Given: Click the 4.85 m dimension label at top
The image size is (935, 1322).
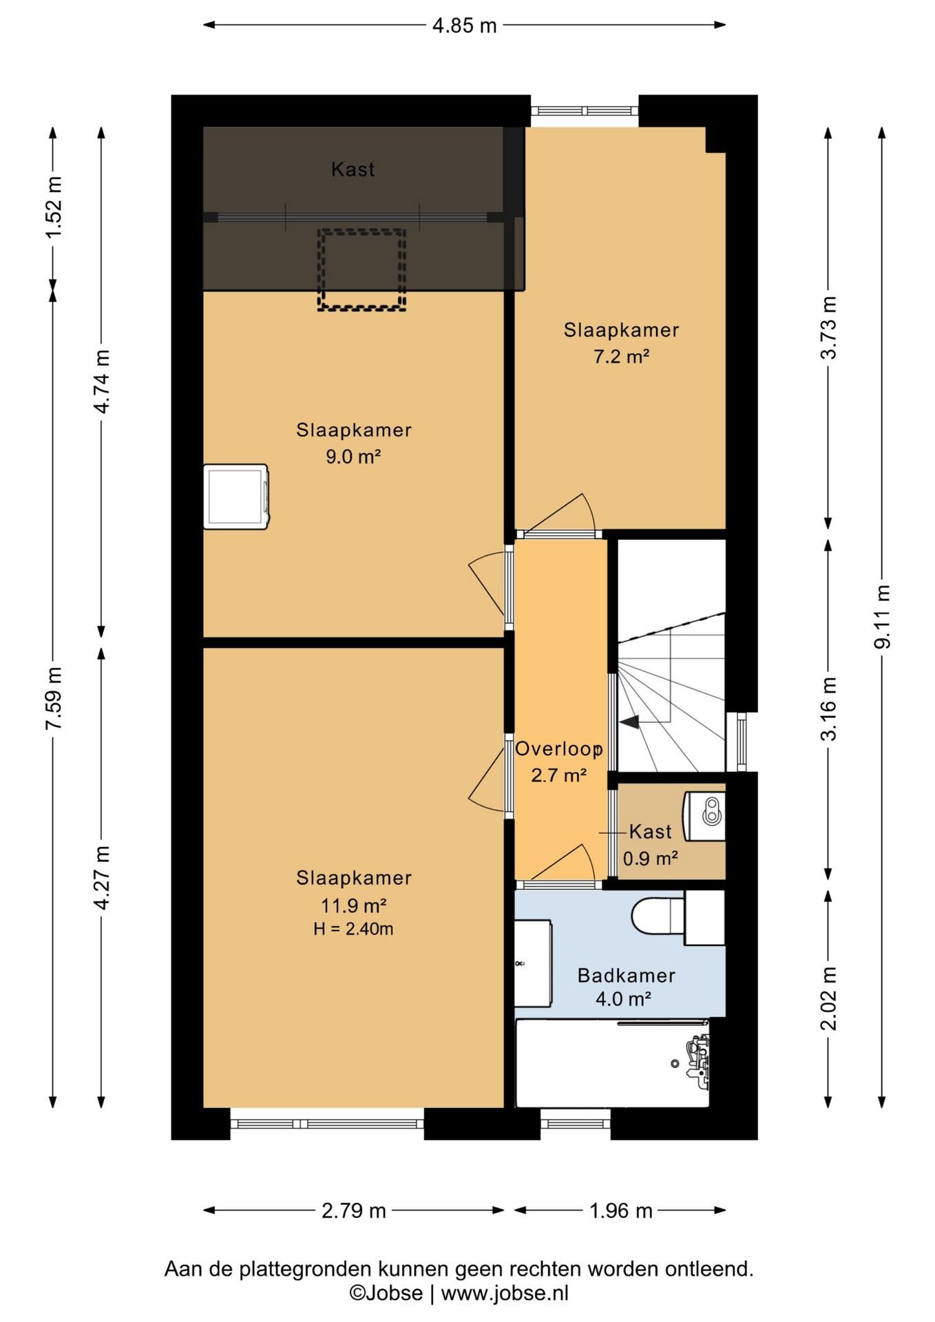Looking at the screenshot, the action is (x=464, y=25).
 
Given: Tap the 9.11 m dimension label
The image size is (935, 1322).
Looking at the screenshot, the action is (x=882, y=616).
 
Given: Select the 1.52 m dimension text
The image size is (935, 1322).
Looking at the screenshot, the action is (x=53, y=207).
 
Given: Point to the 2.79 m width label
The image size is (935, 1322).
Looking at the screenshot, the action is (x=354, y=1210).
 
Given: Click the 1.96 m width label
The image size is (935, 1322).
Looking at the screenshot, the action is (x=620, y=1210).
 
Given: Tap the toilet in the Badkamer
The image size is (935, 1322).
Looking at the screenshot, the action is (x=658, y=916).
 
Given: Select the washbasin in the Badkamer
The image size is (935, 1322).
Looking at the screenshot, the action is (x=534, y=963).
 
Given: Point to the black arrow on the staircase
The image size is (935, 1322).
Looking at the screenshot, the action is (x=629, y=722).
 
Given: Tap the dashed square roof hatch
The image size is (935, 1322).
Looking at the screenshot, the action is (x=361, y=269).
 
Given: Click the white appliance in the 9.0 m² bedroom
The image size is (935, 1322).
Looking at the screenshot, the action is (x=236, y=496).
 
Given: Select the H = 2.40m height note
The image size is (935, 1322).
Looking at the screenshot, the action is (x=353, y=929).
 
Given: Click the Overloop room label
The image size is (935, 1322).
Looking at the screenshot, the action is (x=559, y=749).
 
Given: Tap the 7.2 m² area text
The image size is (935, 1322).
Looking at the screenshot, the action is (x=622, y=357).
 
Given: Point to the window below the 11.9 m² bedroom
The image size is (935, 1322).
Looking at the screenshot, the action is (x=327, y=1124).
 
